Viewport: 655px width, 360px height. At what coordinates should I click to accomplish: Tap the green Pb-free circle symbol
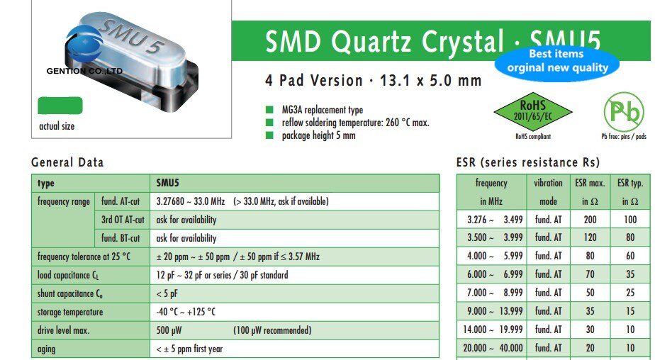623,112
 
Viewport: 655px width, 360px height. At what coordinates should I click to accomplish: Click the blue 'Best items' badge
557,61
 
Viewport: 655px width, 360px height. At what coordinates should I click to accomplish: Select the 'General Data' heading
67,162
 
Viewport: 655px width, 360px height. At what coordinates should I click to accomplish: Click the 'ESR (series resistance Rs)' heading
528,162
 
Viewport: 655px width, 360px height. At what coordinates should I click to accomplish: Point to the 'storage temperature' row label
70,312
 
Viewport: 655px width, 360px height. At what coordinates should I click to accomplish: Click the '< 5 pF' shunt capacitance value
167,293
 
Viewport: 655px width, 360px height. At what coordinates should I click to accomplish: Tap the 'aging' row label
47,349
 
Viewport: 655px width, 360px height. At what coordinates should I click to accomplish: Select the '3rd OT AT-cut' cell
123,220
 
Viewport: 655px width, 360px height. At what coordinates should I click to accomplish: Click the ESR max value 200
590,220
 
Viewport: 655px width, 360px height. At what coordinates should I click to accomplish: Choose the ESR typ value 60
630,256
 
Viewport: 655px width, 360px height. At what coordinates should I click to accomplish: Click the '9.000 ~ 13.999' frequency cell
491,311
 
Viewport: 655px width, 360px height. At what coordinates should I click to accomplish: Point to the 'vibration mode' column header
548,192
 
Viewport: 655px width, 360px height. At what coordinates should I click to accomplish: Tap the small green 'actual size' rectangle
60,106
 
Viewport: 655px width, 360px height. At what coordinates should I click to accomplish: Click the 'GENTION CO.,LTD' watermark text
84,72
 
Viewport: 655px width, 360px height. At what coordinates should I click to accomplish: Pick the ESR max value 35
590,311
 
